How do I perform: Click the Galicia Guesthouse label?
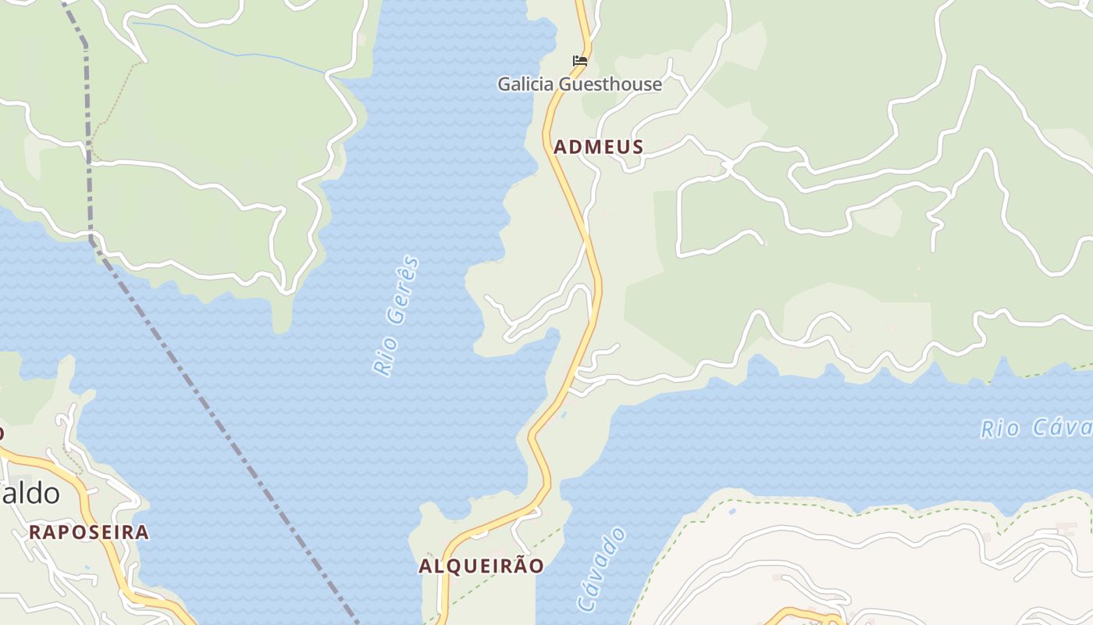[579, 84]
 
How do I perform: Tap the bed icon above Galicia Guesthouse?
[579, 60]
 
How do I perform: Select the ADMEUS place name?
[599, 147]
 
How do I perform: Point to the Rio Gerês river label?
[397, 316]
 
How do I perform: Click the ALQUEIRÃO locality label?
[481, 566]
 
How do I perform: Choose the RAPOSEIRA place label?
[89, 533]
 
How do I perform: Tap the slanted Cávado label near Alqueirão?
[602, 570]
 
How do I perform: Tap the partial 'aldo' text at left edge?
[31, 494]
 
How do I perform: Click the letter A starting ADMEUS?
[559, 147]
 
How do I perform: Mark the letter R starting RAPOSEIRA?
[35, 533]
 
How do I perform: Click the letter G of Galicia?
[505, 84]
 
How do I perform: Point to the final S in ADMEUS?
[638, 147]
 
